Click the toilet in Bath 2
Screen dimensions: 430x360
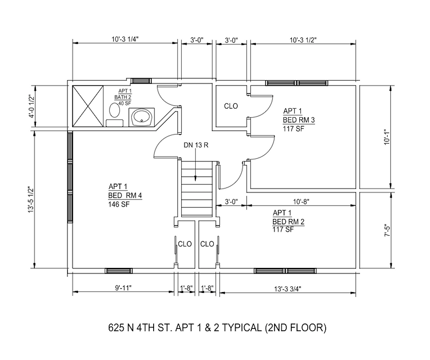pos(115,114)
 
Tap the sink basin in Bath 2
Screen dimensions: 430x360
pos(141,117)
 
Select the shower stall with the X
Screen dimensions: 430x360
pos(88,106)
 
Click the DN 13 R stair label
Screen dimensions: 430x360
pos(196,145)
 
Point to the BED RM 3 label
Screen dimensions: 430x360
pos(299,120)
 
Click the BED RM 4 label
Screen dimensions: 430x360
pos(125,196)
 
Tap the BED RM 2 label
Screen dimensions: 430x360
pos(288,221)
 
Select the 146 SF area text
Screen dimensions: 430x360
pos(119,204)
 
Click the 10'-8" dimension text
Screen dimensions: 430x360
pos(301,202)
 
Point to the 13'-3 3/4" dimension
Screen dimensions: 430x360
pos(288,289)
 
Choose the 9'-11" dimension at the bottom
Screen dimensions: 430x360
pos(123,288)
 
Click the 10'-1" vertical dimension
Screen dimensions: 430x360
pos(387,137)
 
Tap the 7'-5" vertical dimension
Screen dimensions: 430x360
pos(387,231)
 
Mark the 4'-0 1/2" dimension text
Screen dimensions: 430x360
pos(32,107)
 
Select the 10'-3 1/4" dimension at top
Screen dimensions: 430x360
pos(125,39)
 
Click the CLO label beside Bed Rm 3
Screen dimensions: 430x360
pos(231,106)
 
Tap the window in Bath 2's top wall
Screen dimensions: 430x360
pos(141,81)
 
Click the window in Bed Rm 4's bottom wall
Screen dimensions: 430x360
pos(119,271)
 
